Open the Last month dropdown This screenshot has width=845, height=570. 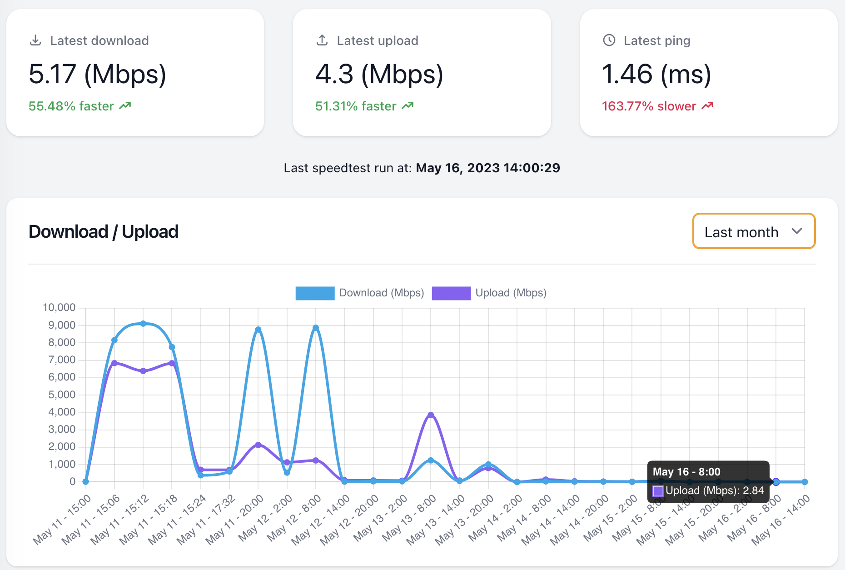(754, 231)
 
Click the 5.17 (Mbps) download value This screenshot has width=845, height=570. (97, 74)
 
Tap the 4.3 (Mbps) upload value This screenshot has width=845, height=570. (379, 74)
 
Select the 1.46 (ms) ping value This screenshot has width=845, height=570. (656, 74)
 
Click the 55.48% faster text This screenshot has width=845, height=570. (71, 106)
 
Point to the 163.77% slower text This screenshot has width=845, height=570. (649, 106)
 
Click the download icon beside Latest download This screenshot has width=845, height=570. (35, 40)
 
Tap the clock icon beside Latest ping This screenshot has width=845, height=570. (609, 40)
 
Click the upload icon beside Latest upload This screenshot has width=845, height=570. (322, 40)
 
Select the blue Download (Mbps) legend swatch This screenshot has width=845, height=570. (315, 293)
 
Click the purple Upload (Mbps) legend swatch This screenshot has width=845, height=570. (451, 293)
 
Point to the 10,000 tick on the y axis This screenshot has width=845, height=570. (59, 308)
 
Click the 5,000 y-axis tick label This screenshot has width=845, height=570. (62, 395)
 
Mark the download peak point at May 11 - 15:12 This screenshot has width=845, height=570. (143, 324)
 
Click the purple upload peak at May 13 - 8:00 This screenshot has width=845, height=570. (431, 415)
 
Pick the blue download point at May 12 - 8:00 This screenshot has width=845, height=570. (316, 328)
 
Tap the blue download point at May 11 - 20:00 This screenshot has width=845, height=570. (258, 330)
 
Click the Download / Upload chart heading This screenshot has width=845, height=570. (104, 232)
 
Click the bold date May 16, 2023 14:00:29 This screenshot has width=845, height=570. (488, 168)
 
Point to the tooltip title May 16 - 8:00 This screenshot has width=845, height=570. (686, 472)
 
